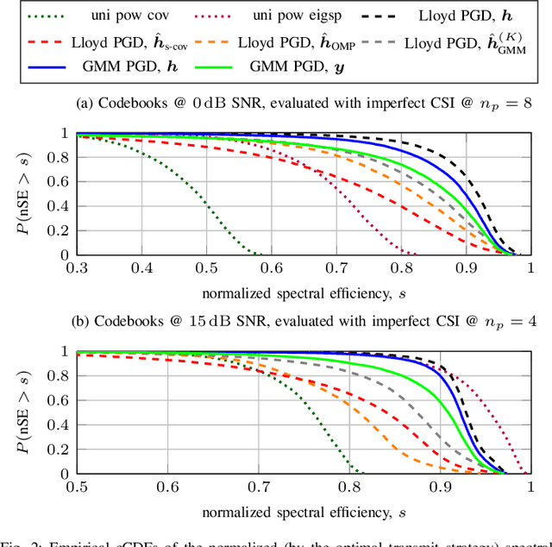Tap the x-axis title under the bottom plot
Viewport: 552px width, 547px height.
[304, 512]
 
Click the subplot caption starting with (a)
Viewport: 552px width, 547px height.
[304, 104]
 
